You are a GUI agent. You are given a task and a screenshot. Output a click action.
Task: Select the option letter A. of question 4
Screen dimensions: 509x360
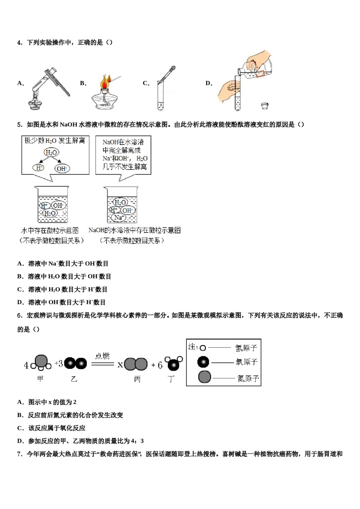tap(20, 83)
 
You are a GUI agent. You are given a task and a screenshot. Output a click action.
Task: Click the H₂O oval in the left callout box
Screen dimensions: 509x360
tap(51, 153)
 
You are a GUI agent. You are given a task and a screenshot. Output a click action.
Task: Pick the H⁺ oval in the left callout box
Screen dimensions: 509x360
tap(39, 167)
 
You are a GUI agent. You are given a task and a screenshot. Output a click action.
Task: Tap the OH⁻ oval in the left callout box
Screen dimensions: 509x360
tap(62, 169)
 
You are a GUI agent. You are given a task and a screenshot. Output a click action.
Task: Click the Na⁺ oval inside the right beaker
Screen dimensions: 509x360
tap(118, 217)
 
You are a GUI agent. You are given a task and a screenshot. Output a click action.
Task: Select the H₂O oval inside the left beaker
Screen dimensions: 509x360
tap(50, 214)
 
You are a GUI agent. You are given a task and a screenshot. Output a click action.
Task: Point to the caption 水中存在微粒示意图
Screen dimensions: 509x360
tap(50, 230)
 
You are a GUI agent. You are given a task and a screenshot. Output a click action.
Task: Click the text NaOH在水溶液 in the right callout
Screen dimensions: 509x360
tap(123, 142)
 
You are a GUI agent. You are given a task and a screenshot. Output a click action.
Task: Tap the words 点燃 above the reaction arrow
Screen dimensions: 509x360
tap(102, 356)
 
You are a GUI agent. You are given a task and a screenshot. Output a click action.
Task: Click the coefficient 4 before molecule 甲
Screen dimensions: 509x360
tap(26, 365)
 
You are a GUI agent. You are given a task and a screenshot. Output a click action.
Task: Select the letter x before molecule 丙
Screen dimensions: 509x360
tap(120, 365)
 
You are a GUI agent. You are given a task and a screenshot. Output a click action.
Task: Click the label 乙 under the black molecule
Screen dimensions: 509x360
tap(74, 379)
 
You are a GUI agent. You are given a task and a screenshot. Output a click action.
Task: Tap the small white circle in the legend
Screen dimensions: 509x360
tap(203, 348)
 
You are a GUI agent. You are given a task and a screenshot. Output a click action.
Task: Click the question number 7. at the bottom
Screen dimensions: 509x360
tap(20, 454)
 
